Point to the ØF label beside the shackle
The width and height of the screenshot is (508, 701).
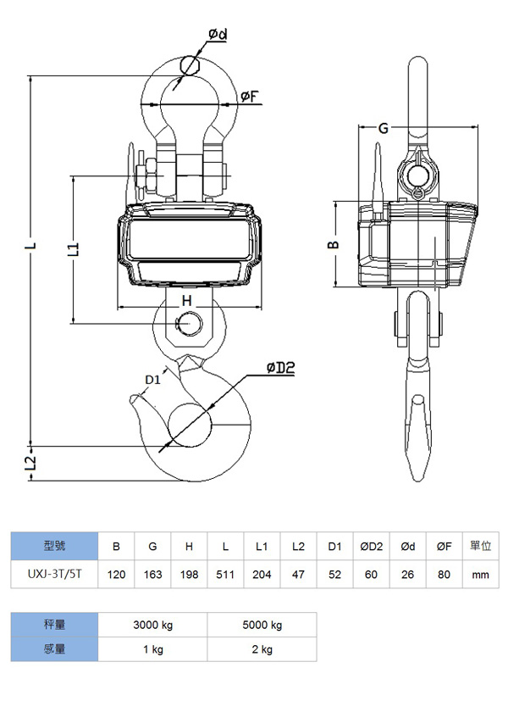click(249, 97)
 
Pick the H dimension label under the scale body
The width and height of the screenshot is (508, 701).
click(187, 300)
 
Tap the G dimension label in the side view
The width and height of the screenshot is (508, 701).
click(384, 129)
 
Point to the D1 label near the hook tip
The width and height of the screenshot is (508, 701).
click(152, 379)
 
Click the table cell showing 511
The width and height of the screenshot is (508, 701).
click(225, 574)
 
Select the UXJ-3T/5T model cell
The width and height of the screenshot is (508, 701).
click(53, 574)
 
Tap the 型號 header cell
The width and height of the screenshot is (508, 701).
click(53, 546)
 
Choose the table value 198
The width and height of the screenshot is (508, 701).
click(189, 574)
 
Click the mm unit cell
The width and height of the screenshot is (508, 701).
click(480, 574)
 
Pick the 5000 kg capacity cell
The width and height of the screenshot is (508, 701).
click(262, 625)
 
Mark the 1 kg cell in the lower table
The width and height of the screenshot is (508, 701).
click(152, 649)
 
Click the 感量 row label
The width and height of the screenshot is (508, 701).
click(53, 649)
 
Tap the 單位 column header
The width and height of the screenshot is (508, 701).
click(480, 546)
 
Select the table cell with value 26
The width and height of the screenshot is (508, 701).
click(407, 574)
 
